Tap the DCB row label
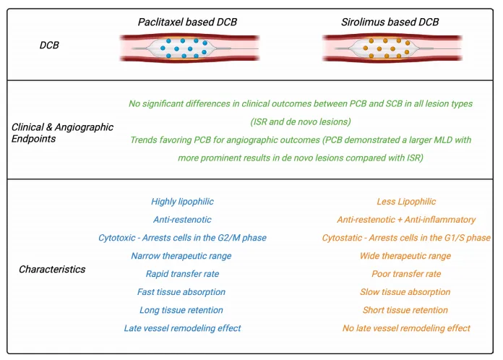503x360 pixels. [49, 46]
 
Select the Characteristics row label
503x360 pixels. [52, 270]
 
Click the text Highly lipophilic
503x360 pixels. [182, 202]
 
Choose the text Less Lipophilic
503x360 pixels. [406, 202]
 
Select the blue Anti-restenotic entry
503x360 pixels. [182, 220]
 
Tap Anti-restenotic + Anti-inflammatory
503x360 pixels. [406, 220]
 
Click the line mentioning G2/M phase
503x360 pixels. [182, 238]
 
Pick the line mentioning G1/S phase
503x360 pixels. [406, 238]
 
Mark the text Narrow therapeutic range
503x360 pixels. [182, 256]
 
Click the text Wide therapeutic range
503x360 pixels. [406, 256]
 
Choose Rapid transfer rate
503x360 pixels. [182, 274]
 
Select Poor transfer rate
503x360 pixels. [406, 274]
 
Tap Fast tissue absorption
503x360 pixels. [182, 292]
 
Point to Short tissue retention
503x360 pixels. [406, 310]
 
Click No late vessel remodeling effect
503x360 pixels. [406, 328]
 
